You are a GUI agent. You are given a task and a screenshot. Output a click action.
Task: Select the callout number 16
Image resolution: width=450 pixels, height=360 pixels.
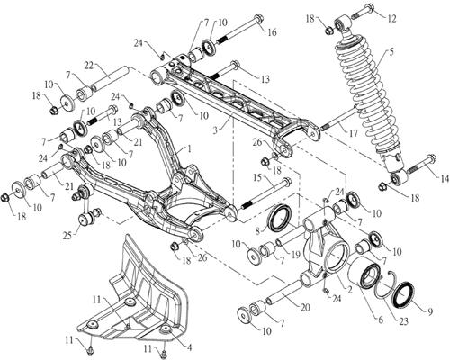(271, 33)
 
